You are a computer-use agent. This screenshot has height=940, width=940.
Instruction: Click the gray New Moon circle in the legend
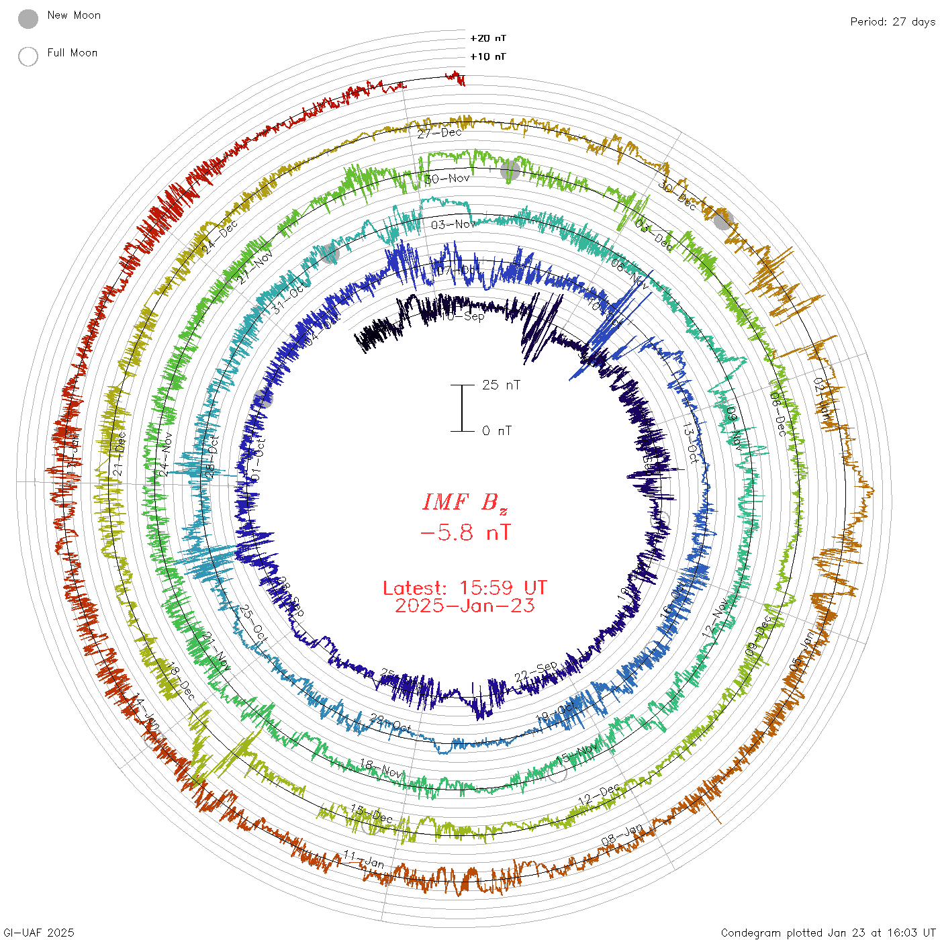(28, 19)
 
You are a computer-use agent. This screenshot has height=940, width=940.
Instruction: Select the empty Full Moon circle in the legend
(28, 56)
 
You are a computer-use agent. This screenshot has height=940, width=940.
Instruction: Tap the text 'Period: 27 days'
(892, 21)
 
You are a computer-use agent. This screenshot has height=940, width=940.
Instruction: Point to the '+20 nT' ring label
(488, 38)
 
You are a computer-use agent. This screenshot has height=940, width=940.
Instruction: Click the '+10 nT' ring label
(488, 56)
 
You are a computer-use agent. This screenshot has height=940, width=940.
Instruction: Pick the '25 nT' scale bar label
(501, 385)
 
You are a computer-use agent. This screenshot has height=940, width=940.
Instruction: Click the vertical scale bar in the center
(462, 408)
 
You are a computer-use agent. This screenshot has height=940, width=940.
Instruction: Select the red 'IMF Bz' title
(465, 502)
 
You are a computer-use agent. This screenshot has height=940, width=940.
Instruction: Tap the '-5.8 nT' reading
(465, 533)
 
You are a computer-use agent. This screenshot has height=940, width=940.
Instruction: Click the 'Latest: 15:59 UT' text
(465, 588)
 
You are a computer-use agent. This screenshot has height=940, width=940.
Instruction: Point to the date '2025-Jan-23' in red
(465, 606)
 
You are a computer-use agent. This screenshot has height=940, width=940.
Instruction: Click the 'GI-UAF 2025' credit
(38, 933)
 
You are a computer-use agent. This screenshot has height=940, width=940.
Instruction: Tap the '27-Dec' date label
(440, 133)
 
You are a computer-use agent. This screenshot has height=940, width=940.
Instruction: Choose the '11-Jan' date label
(363, 859)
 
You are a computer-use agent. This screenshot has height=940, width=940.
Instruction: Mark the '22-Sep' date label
(536, 671)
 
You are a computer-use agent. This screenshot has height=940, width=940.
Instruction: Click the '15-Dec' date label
(371, 814)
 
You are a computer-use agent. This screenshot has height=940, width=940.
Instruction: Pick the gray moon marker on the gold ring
(722, 220)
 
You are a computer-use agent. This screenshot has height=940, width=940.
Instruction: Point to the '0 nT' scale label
(497, 431)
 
